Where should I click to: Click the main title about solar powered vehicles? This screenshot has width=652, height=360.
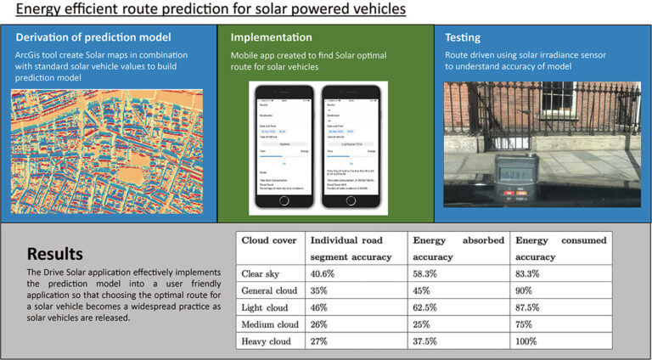click(x=204, y=10)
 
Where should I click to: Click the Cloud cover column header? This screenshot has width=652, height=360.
click(x=269, y=240)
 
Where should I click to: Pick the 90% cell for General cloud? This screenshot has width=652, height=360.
click(x=527, y=290)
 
